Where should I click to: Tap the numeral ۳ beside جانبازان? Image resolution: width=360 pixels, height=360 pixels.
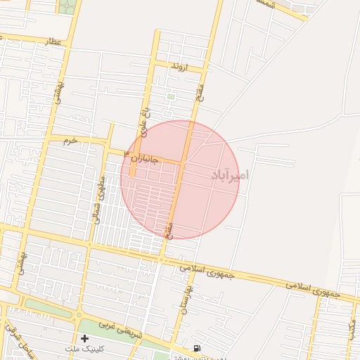coord(127,153)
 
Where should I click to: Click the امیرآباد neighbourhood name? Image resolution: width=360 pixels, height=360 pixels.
coord(230,174)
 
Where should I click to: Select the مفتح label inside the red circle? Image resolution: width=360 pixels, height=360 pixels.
coord(168,229)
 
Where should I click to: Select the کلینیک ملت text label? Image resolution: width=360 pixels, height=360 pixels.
coord(84,349)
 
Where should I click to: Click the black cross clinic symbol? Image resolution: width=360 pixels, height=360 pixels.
coord(84,338)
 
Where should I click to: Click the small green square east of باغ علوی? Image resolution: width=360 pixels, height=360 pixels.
coord(171,96)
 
